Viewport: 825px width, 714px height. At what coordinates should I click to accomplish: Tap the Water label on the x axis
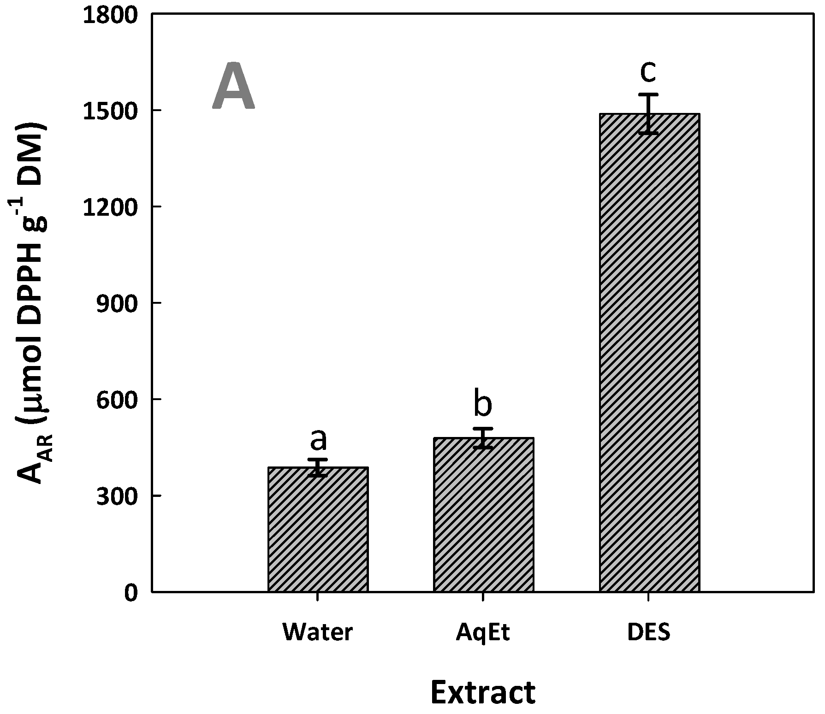point(318,632)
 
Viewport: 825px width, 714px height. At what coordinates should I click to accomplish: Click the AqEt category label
point(483,633)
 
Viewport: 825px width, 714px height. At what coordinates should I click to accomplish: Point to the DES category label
point(648,632)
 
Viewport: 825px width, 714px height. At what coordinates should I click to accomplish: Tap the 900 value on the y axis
point(117,303)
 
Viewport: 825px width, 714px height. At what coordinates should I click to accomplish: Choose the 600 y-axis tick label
point(117,399)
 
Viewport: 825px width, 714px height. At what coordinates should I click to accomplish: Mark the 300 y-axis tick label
point(117,496)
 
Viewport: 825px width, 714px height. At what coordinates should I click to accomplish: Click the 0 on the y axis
point(132,592)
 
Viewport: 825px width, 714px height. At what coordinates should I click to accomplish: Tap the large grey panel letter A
point(233,86)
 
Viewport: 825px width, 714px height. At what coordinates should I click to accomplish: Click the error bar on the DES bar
point(648,113)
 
